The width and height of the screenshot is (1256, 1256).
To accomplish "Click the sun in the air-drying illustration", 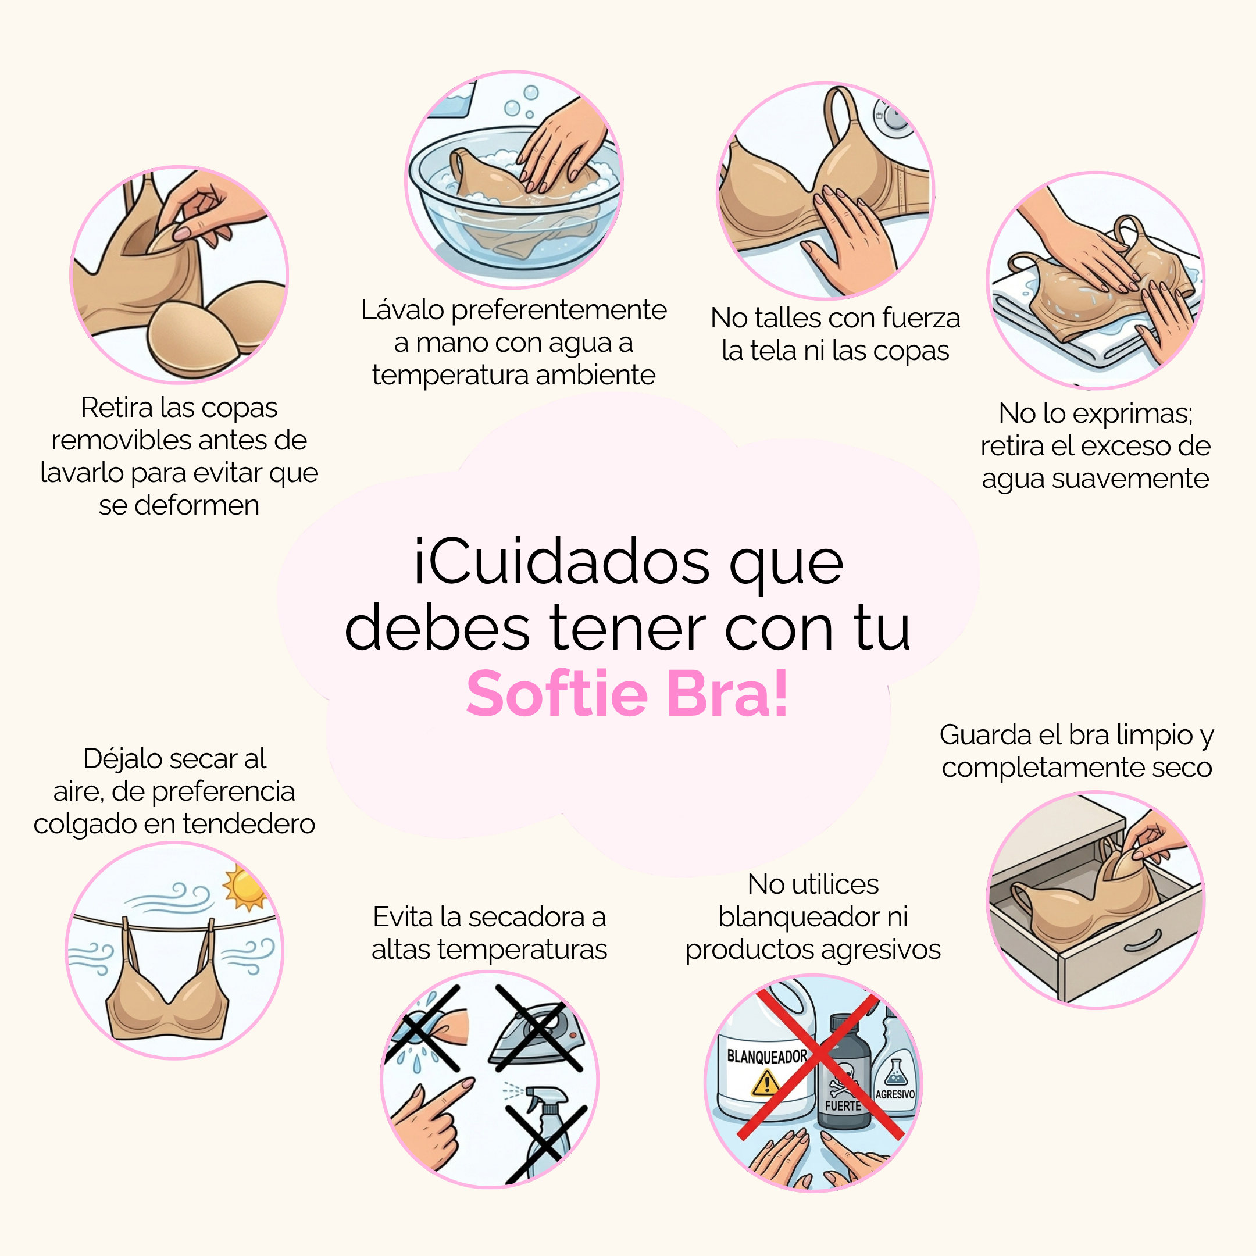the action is pyautogui.click(x=244, y=888).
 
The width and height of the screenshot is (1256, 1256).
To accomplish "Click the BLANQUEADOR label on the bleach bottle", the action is pyautogui.click(x=766, y=1057).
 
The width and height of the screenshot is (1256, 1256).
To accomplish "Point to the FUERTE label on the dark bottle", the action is pyautogui.click(x=843, y=1105).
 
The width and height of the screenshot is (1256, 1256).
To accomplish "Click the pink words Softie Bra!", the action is pyautogui.click(x=628, y=694).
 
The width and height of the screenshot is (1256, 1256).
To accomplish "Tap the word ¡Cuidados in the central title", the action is pyautogui.click(x=562, y=562).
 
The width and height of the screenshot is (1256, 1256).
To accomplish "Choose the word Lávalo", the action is pyautogui.click(x=403, y=309).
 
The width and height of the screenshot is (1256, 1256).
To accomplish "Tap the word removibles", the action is pyautogui.click(x=118, y=440).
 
